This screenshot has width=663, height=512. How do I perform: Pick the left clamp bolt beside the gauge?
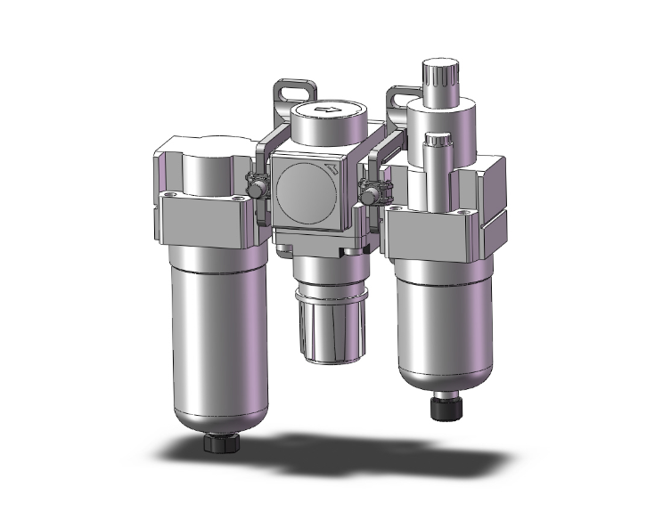point(257,190)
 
